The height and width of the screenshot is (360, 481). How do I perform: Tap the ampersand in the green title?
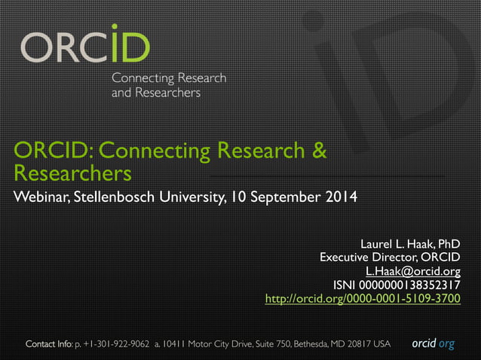click(319, 151)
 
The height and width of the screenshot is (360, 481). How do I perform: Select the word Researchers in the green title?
click(72, 174)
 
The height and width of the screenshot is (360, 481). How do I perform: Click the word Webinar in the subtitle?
click(38, 198)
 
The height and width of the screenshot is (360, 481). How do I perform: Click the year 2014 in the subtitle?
click(341, 198)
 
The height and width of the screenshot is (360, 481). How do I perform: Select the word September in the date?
click(286, 198)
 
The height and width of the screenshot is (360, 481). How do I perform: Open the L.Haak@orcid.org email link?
click(412, 272)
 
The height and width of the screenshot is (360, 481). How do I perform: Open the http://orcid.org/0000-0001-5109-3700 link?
click(363, 299)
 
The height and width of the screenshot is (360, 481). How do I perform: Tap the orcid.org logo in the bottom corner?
click(433, 344)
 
